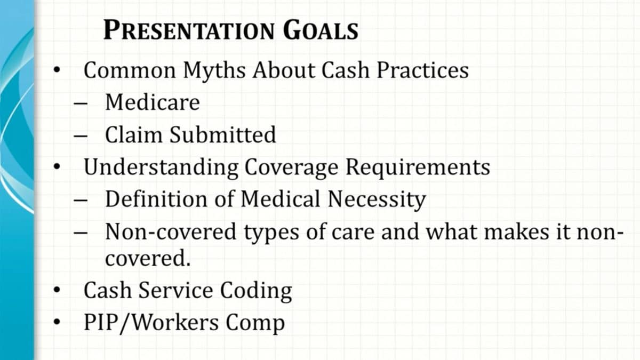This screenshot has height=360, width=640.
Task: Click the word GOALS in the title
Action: tap(321, 30)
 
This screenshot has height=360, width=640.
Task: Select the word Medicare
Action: tap(152, 102)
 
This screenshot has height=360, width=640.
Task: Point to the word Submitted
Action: tap(222, 134)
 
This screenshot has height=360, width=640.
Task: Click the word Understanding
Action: tap(161, 167)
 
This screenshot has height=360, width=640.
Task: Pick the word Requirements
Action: tap(417, 167)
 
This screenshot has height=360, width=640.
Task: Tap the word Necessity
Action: tap(377, 199)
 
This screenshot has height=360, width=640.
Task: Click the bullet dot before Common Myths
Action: tap(57, 70)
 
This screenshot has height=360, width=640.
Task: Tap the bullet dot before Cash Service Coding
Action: tap(57, 291)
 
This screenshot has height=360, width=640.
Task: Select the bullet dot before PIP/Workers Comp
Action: tap(57, 323)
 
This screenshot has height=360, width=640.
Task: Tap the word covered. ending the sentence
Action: tap(148, 259)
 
